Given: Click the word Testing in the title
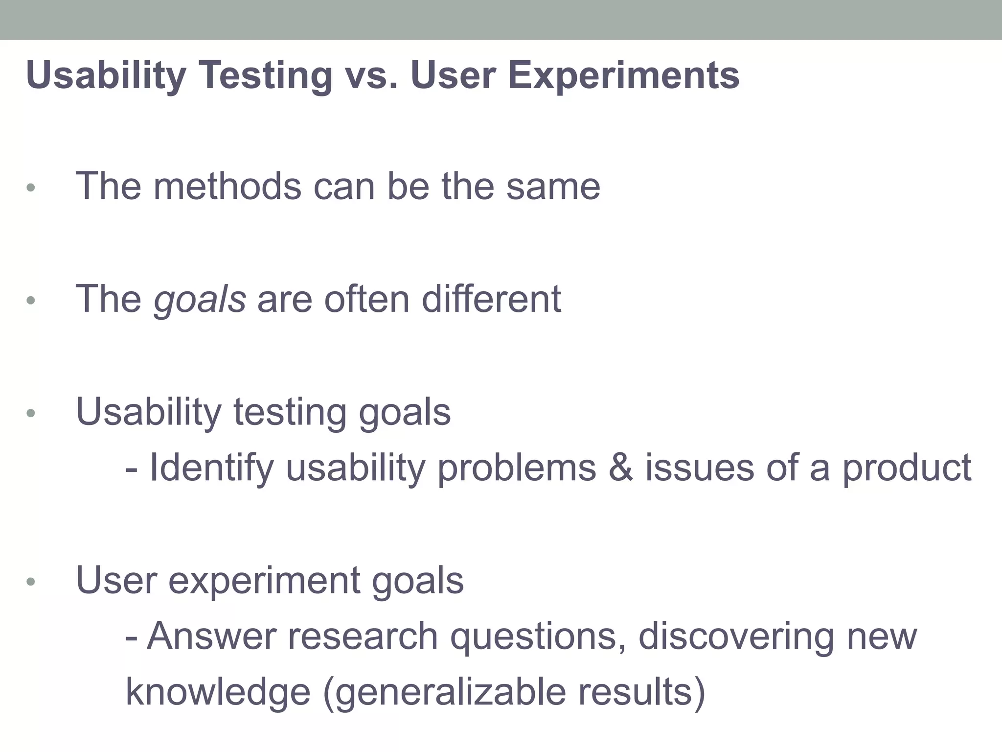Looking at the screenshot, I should coord(266,76).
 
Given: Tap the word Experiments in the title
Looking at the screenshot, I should coord(623,76).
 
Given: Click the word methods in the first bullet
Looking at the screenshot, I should coord(228,187).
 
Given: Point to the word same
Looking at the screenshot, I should coord(553,187).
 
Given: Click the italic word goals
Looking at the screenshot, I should coord(200,300).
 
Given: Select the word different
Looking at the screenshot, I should coord(491,299).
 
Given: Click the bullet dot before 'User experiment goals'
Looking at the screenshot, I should coord(31,582).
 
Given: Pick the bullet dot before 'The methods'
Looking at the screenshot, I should coord(31,188).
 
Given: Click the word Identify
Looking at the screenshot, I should coord(211,468).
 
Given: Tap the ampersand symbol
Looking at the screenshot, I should coord(620,468).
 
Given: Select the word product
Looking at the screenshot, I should coord(906,468).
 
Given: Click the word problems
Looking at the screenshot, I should coord(517,468).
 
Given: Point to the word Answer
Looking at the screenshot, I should coord(211,636).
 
